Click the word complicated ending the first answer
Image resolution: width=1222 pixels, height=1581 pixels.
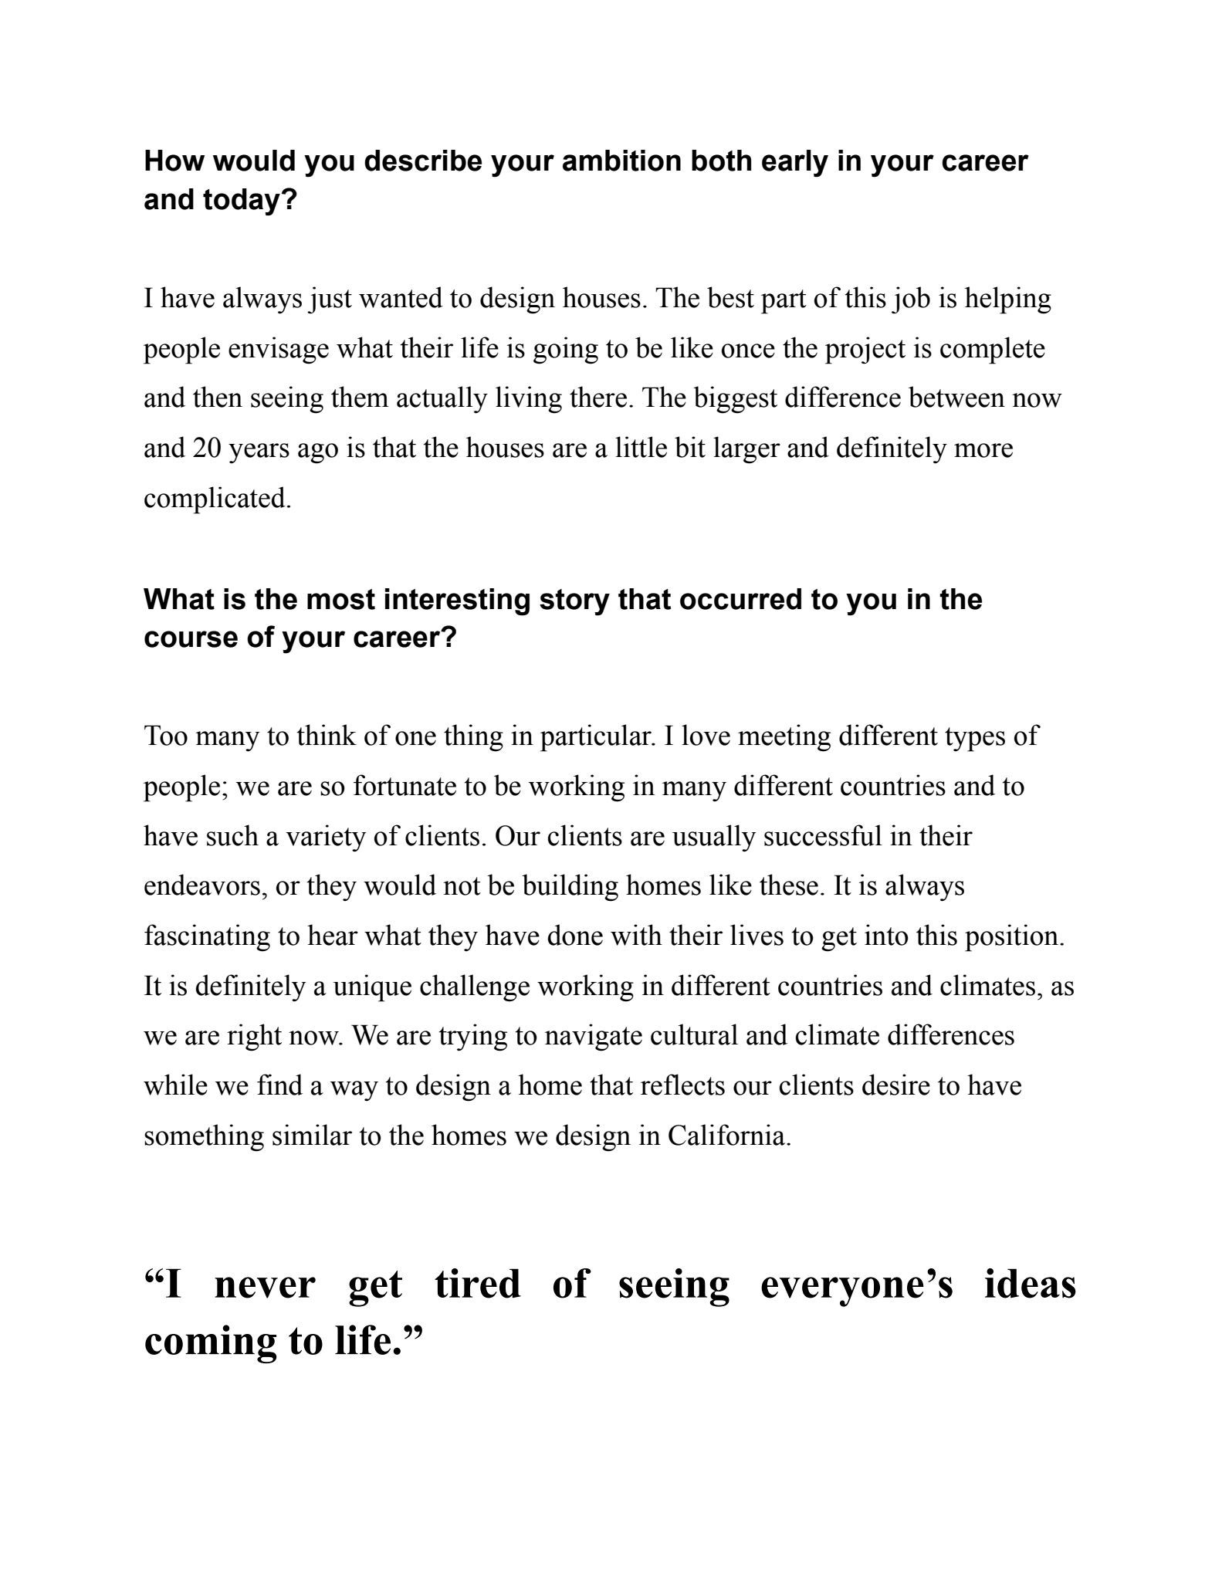point(217,499)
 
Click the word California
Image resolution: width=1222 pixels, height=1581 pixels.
point(729,1136)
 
